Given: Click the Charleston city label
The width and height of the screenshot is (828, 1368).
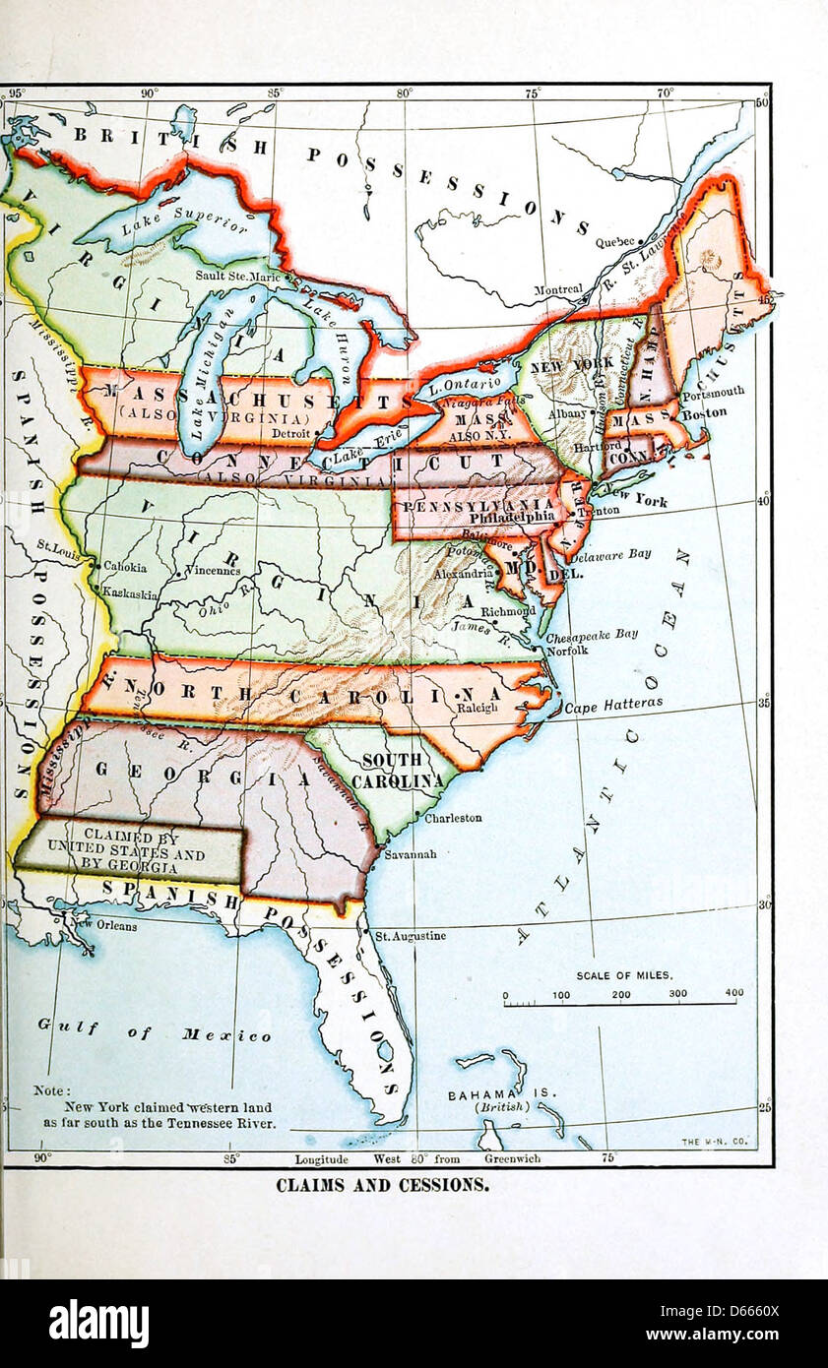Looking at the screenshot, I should (x=453, y=817).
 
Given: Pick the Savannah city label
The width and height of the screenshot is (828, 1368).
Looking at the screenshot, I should (x=412, y=854).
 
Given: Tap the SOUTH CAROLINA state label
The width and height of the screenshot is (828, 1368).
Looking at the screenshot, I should (x=398, y=771).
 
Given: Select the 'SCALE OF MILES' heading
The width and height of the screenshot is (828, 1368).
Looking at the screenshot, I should (x=624, y=975).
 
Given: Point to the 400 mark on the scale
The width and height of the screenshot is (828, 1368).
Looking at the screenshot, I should (x=733, y=994).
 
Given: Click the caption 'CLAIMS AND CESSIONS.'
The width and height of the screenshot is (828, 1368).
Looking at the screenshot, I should (x=382, y=1185).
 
